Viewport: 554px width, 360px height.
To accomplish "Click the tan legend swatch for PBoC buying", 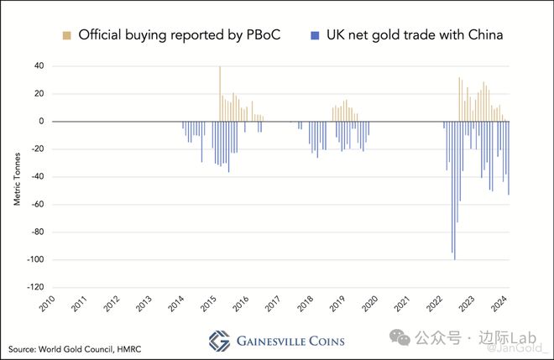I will (65, 35).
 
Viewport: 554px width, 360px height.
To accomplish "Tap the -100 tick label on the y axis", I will (33, 260).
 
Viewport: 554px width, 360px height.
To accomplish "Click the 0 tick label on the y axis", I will (41, 121).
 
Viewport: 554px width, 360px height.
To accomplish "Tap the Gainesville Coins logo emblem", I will (219, 341).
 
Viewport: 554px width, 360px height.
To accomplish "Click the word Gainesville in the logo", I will (274, 341).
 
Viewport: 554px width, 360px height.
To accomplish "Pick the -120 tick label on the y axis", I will (33, 288).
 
